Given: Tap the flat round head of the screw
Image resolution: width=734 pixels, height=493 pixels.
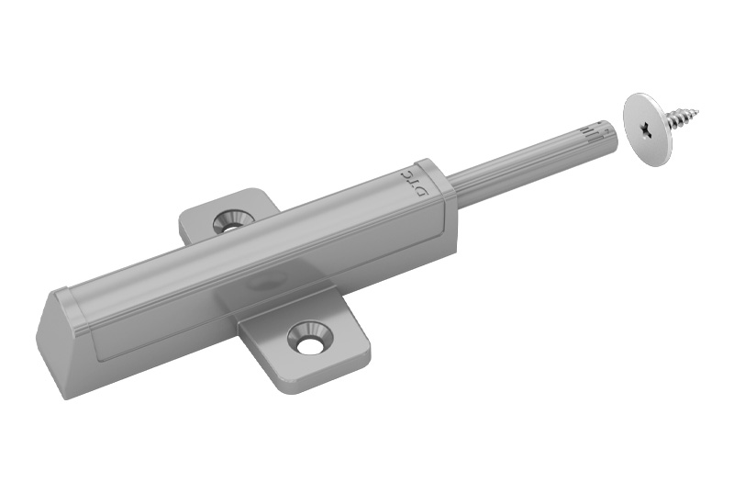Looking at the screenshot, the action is click(x=648, y=129).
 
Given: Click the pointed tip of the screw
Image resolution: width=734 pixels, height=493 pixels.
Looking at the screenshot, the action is click(x=700, y=111).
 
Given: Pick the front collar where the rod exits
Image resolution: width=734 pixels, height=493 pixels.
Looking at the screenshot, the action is click(x=437, y=185).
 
